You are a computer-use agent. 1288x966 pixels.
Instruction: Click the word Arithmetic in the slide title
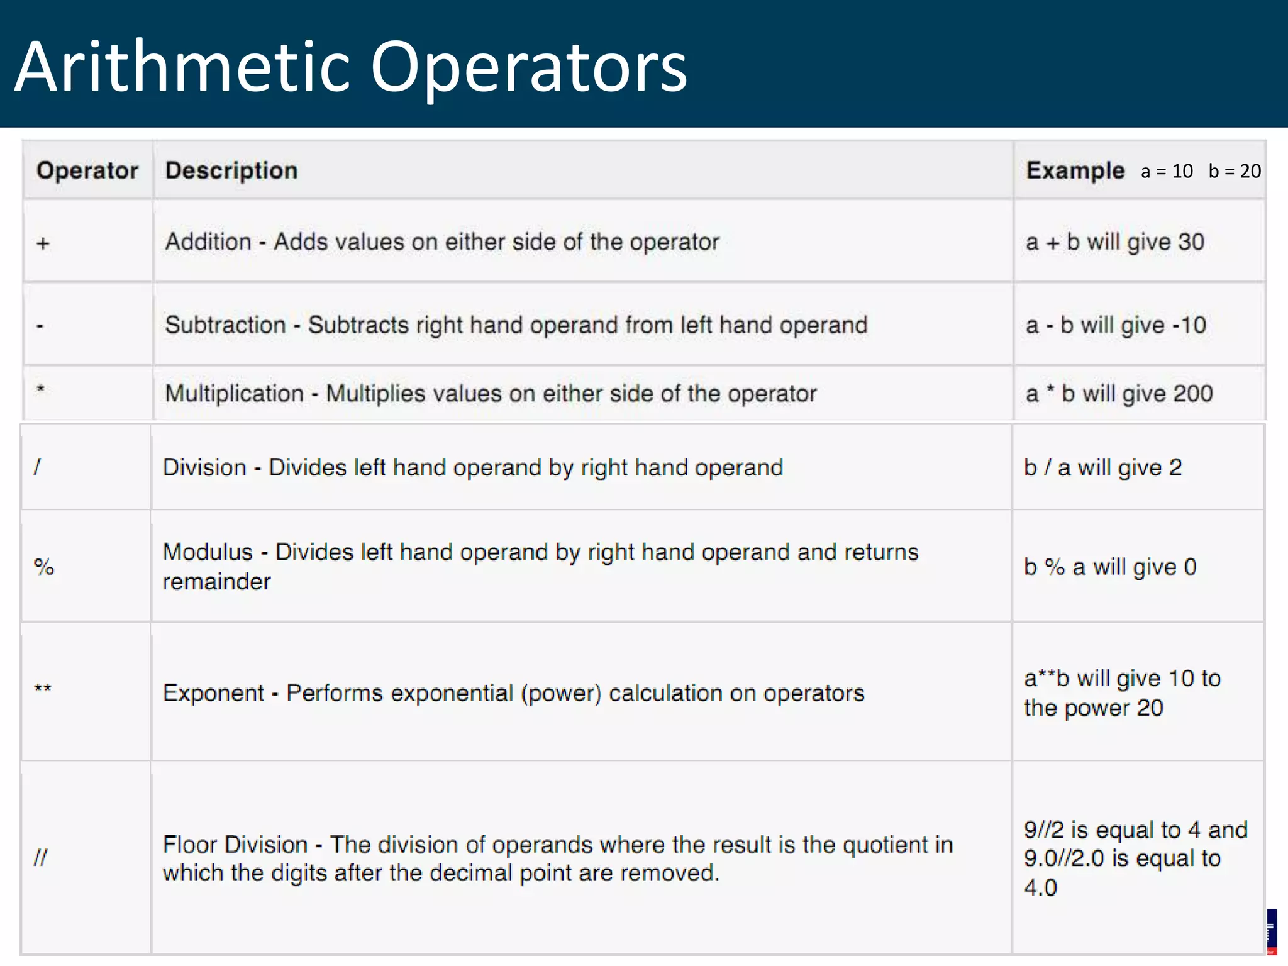[182, 67]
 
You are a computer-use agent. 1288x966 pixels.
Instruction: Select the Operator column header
[87, 170]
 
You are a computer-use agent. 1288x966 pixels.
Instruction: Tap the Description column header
[231, 170]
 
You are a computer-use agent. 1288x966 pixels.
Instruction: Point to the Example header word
[1075, 170]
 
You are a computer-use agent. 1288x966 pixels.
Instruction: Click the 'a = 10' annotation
[1167, 171]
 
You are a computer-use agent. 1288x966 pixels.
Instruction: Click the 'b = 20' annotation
[1235, 171]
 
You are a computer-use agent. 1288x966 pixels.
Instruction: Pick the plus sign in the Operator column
[43, 243]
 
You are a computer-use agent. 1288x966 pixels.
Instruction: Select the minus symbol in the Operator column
[40, 326]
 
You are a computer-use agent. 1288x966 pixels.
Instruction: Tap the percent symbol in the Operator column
[44, 567]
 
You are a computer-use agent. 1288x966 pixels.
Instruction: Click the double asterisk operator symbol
[43, 689]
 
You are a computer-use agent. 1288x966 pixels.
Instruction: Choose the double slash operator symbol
[41, 857]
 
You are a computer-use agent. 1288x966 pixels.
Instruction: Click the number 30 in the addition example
[1191, 242]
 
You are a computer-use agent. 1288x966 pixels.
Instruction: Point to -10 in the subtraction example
[1189, 325]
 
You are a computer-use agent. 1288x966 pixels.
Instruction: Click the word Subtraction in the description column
[225, 325]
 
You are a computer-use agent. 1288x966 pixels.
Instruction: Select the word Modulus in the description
[208, 552]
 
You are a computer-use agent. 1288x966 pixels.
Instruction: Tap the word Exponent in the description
[213, 693]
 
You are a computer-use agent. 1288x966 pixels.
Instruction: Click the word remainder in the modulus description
[216, 582]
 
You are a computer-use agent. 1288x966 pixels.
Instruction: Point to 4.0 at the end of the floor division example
[1040, 887]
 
